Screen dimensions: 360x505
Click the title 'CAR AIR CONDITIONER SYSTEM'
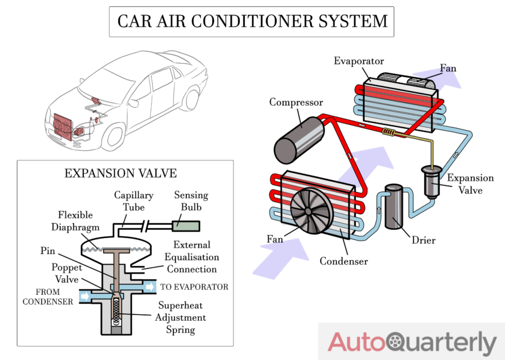point(252,21)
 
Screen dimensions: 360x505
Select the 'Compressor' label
point(296,102)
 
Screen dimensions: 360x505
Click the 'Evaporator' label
point(359,61)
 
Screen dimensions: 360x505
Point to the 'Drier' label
point(423,240)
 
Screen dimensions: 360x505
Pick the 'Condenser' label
point(343,260)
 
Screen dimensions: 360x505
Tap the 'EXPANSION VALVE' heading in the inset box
point(121,173)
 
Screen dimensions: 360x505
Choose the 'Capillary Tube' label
point(134,201)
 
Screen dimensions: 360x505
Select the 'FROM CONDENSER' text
point(48,296)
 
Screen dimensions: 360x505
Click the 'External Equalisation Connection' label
point(191,257)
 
